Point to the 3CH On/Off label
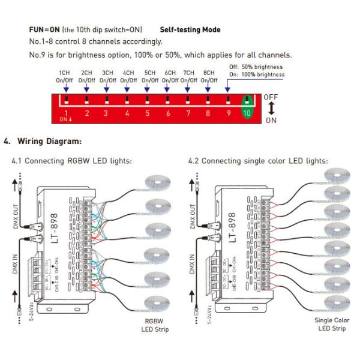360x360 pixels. point(107,76)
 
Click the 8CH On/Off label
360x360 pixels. point(210,76)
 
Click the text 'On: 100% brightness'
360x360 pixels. point(257,74)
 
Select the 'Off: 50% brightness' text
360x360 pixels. point(257,66)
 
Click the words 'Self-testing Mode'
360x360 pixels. point(190,29)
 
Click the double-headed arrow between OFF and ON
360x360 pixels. point(271,109)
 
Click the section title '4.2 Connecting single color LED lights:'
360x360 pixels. point(258,161)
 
